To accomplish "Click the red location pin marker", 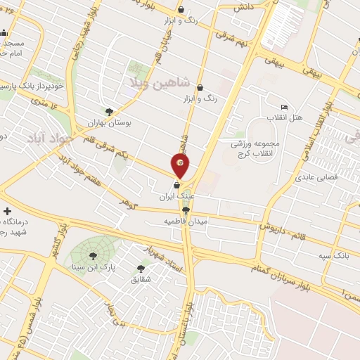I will tap(181, 166).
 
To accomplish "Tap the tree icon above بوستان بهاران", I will tap(109, 111).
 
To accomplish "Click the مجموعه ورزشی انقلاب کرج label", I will tap(255, 148).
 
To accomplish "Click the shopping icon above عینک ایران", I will tap(176, 186).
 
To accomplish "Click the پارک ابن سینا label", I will tap(88, 268).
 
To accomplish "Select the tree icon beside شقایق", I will tap(142, 268).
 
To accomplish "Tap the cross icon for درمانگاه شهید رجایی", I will tap(7, 211).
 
